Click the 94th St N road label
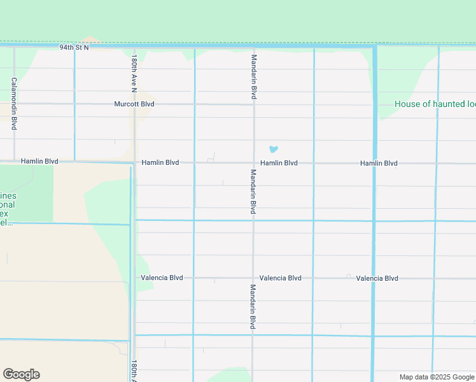[x=74, y=48]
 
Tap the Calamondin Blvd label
[x=14, y=104]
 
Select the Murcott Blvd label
[x=134, y=104]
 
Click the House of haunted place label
[x=435, y=104]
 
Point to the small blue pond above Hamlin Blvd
[x=273, y=150]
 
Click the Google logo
[x=21, y=374]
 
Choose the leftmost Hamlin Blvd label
[x=39, y=162]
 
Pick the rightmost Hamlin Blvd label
[x=379, y=164]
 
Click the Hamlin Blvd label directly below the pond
[x=279, y=163]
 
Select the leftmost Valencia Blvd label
[x=162, y=278]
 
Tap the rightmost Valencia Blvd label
[x=377, y=278]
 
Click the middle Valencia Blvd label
[x=280, y=278]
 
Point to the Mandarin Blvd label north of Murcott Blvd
[x=254, y=76]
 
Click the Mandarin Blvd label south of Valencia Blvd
[x=253, y=306]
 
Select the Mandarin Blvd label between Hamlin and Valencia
[x=253, y=191]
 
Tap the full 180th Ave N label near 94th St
[x=134, y=74]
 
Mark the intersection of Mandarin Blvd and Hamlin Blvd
[x=254, y=163]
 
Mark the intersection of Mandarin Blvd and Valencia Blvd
[x=253, y=278]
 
